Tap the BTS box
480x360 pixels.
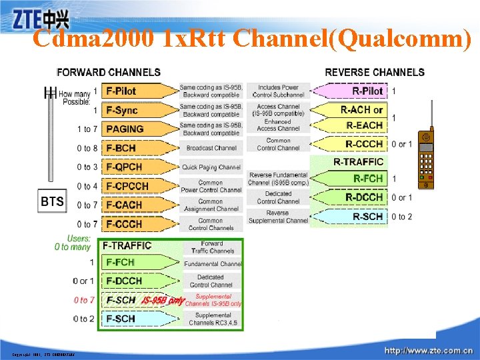[x=51, y=201]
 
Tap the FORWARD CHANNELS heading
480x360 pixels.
[x=109, y=72]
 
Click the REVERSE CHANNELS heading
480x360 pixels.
[x=374, y=72]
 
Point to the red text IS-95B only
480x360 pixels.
[x=163, y=301]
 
